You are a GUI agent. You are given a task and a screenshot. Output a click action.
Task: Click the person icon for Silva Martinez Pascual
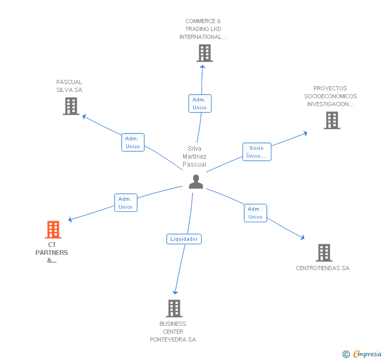196,182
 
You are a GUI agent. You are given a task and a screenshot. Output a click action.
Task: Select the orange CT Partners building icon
53,230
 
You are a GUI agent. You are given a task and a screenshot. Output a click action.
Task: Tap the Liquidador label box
184,239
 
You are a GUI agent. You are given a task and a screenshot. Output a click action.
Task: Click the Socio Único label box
257,152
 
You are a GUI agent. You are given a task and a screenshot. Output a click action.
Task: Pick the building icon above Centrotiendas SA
324,253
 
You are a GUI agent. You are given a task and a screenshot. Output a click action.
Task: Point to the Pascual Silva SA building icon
71,106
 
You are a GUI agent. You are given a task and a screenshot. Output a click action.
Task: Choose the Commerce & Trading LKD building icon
205,53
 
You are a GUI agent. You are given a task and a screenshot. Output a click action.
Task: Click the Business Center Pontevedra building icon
174,308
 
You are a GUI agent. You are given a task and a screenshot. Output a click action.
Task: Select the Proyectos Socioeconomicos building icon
332,120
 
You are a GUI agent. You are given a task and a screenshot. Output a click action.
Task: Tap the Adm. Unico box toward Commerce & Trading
200,104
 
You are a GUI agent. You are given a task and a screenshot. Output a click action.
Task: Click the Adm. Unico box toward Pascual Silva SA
133,142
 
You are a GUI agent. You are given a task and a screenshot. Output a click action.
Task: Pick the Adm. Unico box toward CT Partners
126,202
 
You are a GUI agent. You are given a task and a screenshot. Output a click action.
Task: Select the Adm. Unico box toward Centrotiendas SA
256,213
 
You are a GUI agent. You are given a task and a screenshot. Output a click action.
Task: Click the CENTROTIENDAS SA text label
322,268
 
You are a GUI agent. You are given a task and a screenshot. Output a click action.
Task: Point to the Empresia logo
361,354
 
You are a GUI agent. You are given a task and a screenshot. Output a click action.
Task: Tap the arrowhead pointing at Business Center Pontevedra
175,292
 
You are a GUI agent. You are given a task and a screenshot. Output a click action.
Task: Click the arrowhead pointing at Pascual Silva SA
84,117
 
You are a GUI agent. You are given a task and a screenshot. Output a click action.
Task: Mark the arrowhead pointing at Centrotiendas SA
303,237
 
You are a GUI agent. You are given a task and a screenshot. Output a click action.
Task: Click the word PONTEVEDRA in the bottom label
168,340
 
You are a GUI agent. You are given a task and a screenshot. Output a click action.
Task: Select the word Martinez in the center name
195,157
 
